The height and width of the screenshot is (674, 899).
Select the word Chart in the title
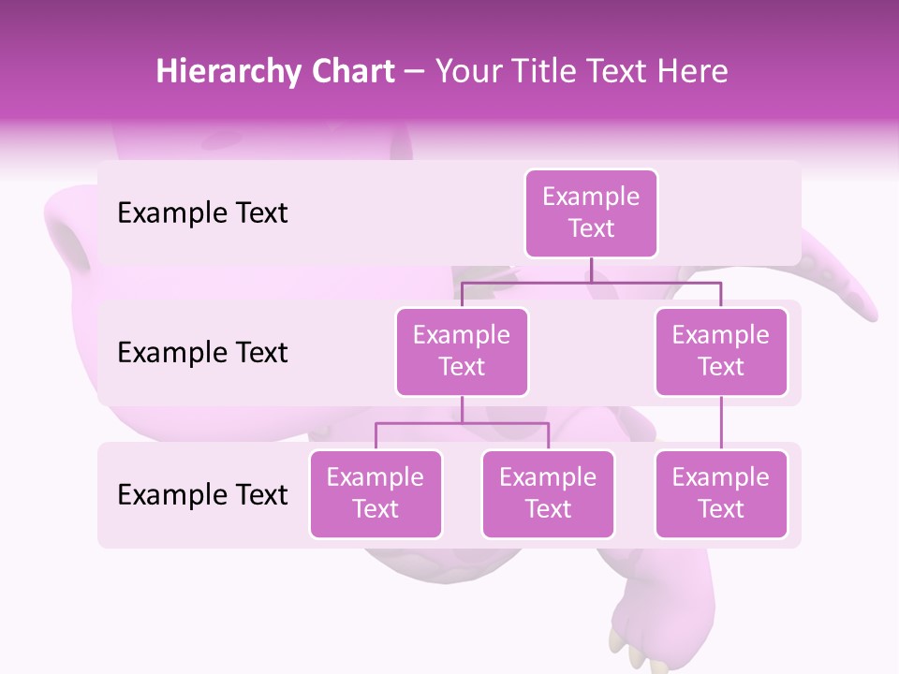coord(349,72)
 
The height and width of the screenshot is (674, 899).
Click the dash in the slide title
coord(415,73)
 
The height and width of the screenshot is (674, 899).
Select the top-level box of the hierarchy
coord(591,213)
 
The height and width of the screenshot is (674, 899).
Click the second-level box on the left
coord(462,352)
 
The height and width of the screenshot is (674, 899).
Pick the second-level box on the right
coord(721,352)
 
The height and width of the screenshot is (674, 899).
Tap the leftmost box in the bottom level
coord(376,494)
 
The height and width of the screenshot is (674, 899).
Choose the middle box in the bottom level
coord(548,494)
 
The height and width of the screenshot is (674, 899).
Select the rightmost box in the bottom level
coord(721,494)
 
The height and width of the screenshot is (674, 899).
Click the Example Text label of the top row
coord(202,213)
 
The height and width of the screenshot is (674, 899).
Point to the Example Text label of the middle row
coord(202,353)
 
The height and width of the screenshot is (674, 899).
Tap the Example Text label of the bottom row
coord(202,494)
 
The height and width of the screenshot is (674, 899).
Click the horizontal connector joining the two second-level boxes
coord(591,282)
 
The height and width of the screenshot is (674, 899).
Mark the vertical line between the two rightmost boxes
coord(721,423)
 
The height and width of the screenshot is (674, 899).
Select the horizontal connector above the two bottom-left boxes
coord(462,423)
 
